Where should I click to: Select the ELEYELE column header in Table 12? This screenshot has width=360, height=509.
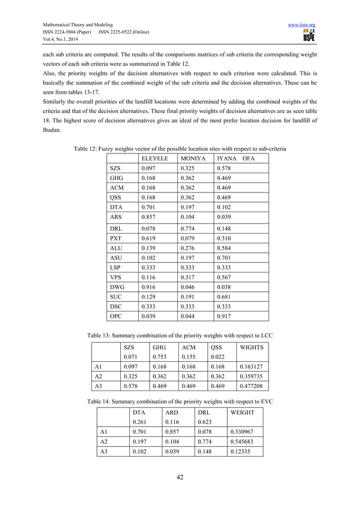click(x=155, y=159)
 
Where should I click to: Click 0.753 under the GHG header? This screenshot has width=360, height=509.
click(x=160, y=357)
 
